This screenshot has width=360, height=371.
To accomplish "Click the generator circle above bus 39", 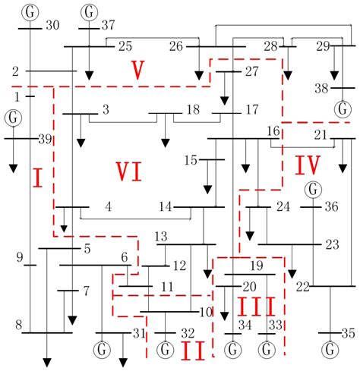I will point(12,118).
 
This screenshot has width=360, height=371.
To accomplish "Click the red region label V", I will point(137,71).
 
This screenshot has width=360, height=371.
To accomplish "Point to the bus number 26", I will point(176,47).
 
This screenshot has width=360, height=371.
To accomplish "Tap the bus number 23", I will point(332,244).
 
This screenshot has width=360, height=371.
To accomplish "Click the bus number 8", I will point(17,325).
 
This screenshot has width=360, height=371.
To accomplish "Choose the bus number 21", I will point(321,134).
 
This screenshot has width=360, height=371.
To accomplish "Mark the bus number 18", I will point(193,110).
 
